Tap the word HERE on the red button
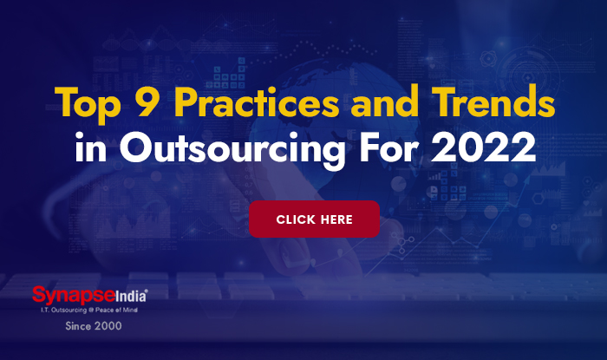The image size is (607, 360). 336,219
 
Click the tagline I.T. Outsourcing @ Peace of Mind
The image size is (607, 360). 89,310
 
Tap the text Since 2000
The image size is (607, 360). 94,327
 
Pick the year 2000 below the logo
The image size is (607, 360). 108,327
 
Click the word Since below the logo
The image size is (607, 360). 79,327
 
